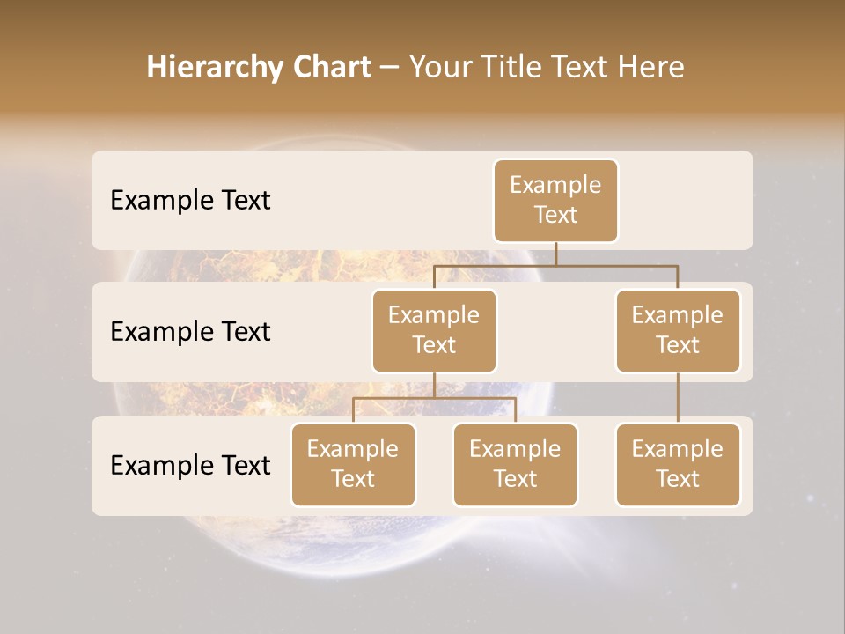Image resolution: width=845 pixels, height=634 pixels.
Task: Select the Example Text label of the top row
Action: pyautogui.click(x=190, y=201)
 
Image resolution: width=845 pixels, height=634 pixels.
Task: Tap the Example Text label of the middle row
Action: pyautogui.click(x=190, y=332)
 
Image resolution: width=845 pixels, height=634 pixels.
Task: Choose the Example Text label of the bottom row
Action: pyautogui.click(x=190, y=465)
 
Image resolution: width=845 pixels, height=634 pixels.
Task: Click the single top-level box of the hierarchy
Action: pyautogui.click(x=555, y=201)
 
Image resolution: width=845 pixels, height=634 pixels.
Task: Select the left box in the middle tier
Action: pyautogui.click(x=434, y=331)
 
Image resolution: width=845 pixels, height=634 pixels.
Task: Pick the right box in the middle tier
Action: pyautogui.click(x=678, y=331)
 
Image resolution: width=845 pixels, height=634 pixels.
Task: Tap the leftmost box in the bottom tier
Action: pyautogui.click(x=353, y=465)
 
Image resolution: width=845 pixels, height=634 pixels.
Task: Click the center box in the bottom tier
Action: pyautogui.click(x=515, y=465)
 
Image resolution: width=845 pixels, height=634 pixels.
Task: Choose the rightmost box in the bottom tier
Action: pyautogui.click(x=678, y=465)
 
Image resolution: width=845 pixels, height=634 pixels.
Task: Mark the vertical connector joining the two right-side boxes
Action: pyautogui.click(x=678, y=398)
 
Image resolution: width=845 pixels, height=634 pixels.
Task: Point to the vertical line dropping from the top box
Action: pyautogui.click(x=555, y=254)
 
